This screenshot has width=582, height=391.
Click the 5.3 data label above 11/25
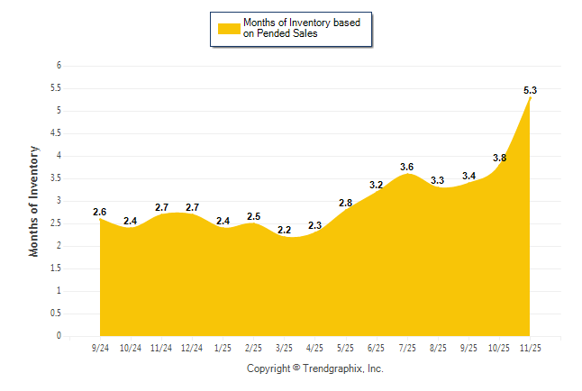coord(531,90)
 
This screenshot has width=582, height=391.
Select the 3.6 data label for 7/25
coord(407,167)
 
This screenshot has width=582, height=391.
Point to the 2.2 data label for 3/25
coord(284,231)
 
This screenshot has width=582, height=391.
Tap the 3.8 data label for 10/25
coord(499,158)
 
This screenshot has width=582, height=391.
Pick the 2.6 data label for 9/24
coord(99,212)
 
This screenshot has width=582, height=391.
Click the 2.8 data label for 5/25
coord(345,203)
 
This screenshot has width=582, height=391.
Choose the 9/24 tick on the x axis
coord(99,348)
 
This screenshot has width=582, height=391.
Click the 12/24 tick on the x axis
coord(191,348)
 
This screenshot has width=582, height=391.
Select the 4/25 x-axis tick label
coord(314,348)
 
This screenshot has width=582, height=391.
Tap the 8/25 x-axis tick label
coord(438,348)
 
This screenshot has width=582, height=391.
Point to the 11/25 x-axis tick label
coord(531,348)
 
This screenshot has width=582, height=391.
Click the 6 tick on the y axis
coord(59,66)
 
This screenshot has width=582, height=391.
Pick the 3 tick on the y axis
coord(59,201)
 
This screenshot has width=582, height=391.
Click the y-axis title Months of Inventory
coord(34,201)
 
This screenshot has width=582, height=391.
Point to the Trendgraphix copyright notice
coord(314,368)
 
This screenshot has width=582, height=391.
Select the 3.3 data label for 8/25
coord(438,180)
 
